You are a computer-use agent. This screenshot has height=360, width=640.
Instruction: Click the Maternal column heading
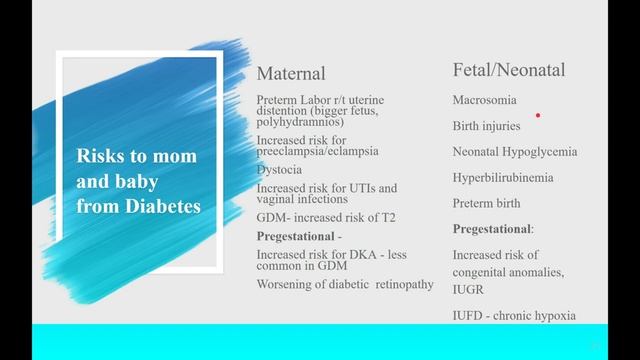click(291, 74)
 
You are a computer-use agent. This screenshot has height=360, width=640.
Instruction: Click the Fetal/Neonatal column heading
click(508, 70)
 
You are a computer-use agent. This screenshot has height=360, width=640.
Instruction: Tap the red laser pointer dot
click(538, 115)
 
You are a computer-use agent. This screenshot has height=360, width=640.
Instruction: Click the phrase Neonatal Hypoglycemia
click(515, 152)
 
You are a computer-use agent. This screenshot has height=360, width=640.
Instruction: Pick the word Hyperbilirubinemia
click(503, 178)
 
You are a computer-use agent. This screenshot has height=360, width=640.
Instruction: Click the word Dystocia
click(280, 169)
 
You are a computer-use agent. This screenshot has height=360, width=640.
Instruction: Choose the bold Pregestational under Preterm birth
click(492, 229)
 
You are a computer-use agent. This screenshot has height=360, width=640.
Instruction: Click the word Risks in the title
click(102, 157)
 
